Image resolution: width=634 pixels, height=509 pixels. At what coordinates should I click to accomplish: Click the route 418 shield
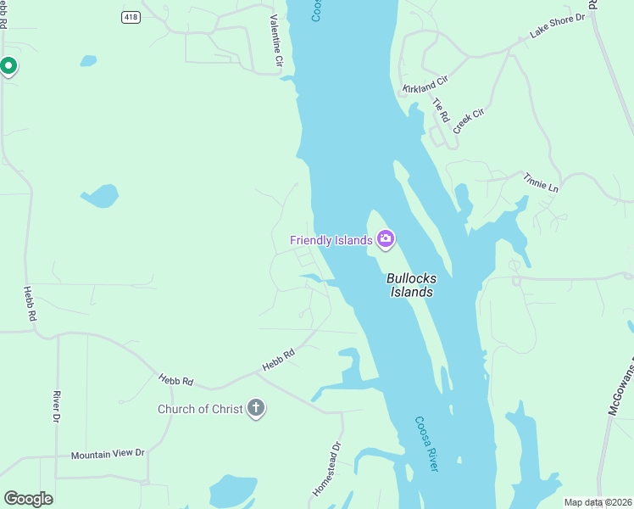(x=131, y=17)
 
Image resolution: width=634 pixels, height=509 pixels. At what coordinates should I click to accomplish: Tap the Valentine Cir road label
(x=275, y=40)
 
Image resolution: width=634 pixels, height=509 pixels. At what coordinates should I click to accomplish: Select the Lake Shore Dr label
(x=558, y=25)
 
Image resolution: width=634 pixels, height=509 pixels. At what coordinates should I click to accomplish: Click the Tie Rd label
(x=439, y=110)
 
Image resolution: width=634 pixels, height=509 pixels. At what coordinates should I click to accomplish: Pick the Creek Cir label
(x=467, y=120)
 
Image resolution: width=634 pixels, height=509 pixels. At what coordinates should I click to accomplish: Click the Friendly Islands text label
(x=331, y=240)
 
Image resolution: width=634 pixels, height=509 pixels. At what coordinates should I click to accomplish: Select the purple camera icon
(x=386, y=240)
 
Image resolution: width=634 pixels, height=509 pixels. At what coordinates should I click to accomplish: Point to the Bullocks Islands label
(x=411, y=285)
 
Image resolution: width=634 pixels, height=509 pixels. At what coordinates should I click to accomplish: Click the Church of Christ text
(x=200, y=409)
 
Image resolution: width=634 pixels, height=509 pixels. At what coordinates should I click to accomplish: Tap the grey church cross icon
(x=256, y=409)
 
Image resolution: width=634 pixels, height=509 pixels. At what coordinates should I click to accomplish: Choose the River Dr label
(x=56, y=406)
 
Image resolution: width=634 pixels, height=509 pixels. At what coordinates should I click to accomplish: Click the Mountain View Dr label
(x=108, y=454)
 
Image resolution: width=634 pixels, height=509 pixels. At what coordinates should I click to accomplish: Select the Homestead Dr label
(x=326, y=469)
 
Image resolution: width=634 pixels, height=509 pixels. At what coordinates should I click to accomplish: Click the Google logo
(x=29, y=499)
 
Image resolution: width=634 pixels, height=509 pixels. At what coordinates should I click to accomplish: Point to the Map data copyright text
(x=598, y=502)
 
